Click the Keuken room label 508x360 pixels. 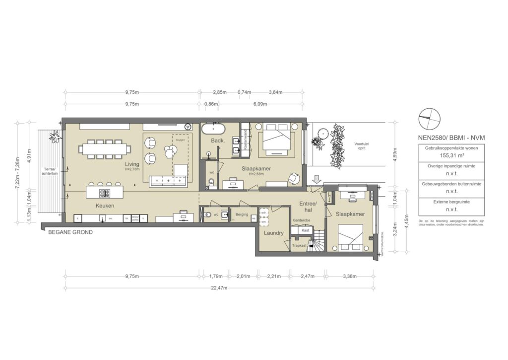106,205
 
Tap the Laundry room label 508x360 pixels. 273,233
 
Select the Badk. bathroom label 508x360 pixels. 218,141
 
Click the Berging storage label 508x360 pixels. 242,215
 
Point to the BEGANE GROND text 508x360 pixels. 70,232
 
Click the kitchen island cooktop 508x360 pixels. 106,192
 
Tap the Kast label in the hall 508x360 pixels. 299,230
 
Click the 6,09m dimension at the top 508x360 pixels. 260,104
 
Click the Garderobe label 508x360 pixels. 301,220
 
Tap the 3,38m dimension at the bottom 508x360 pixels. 349,276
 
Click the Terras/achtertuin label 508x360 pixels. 48,171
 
